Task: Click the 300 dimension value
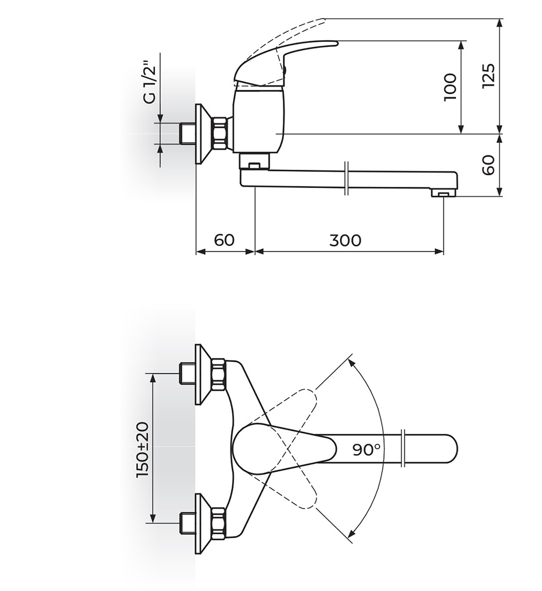[x=346, y=240]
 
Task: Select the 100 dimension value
[x=450, y=87]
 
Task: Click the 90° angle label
[x=367, y=449]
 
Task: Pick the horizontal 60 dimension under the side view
[x=224, y=240]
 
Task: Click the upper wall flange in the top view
[x=203, y=374]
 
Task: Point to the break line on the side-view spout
[x=345, y=178]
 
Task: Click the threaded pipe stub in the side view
[x=188, y=133]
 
